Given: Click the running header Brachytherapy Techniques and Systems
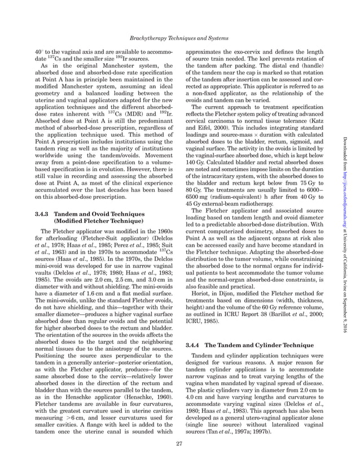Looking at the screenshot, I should point(180,37).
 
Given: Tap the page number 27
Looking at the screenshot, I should point(179,444).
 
